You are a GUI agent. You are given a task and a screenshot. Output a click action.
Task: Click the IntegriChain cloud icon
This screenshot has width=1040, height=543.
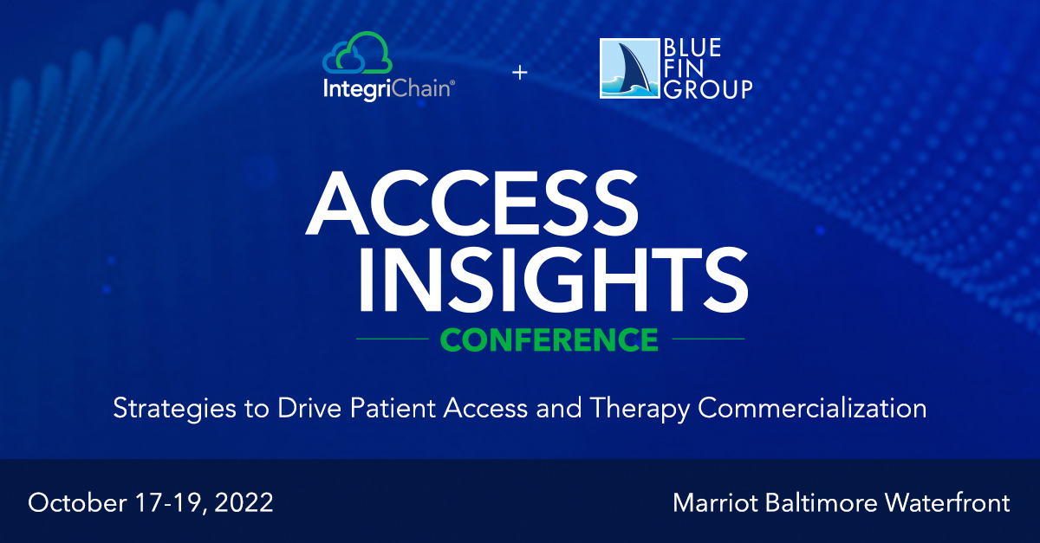pyautogui.click(x=357, y=53)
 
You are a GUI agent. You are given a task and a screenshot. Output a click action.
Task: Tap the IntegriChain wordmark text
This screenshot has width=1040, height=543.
pyautogui.click(x=388, y=89)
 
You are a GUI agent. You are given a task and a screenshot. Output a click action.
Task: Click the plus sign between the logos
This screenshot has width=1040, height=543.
pyautogui.click(x=519, y=73)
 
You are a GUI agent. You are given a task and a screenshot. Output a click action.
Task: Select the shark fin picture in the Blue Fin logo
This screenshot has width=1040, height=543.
pyautogui.click(x=629, y=68)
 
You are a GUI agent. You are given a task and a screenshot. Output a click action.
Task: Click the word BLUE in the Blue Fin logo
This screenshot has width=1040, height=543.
pyautogui.click(x=692, y=48)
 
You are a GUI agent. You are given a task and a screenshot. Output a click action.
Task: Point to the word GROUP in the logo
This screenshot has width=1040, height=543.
pyautogui.click(x=708, y=89)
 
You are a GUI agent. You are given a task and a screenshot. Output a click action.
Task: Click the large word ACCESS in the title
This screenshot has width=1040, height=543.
pyautogui.click(x=471, y=203)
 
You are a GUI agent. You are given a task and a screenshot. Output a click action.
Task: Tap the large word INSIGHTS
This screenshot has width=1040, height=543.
pyautogui.click(x=553, y=279)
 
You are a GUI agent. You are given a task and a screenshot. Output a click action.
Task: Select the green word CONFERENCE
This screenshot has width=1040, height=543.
pyautogui.click(x=549, y=339)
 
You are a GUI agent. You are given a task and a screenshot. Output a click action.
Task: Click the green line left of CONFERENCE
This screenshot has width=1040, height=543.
pyautogui.click(x=393, y=339)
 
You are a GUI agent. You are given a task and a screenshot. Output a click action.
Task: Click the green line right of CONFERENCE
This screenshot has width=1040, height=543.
pyautogui.click(x=708, y=339)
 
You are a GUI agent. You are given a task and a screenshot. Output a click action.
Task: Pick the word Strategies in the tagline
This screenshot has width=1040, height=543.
pyautogui.click(x=174, y=410)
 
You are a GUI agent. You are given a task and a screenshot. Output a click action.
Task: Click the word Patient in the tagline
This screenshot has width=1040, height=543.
pyautogui.click(x=393, y=408)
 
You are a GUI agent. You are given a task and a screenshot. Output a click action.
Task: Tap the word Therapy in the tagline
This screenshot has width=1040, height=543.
pyautogui.click(x=640, y=410)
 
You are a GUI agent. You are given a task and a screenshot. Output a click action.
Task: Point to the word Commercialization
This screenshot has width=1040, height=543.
pyautogui.click(x=812, y=408)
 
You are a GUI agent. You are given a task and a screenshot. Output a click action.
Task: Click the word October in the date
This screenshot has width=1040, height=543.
pyautogui.click(x=77, y=502)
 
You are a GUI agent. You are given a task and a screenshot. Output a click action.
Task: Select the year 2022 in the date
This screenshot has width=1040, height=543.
pyautogui.click(x=244, y=502)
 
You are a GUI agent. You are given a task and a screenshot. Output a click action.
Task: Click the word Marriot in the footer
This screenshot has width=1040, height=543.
pyautogui.click(x=716, y=503)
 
